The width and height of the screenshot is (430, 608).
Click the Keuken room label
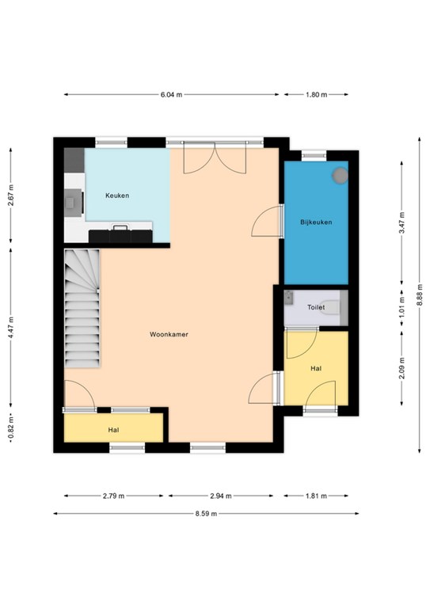click(x=117, y=196)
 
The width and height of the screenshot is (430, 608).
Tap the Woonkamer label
click(x=169, y=334)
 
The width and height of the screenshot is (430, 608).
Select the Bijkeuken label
click(x=316, y=222)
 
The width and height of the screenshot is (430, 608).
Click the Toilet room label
click(x=316, y=307)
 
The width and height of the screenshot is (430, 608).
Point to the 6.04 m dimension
click(x=171, y=94)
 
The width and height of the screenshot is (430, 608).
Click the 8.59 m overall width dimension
click(x=206, y=513)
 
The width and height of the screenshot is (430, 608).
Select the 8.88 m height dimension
click(x=420, y=295)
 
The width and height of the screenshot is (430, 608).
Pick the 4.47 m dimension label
click(x=11, y=328)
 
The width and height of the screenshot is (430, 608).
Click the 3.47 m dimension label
click(x=401, y=222)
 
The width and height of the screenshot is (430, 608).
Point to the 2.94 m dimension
click(x=221, y=496)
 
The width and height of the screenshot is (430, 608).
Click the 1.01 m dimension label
click(x=401, y=307)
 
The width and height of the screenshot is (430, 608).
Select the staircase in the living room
click(x=82, y=308)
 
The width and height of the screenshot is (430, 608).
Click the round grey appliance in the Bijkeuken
click(x=340, y=175)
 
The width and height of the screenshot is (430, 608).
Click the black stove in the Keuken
click(x=120, y=235)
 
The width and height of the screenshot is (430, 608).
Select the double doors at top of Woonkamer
click(x=215, y=158)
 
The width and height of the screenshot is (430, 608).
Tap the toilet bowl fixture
click(x=333, y=307)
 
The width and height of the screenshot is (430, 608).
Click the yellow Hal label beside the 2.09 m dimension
click(x=316, y=368)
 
